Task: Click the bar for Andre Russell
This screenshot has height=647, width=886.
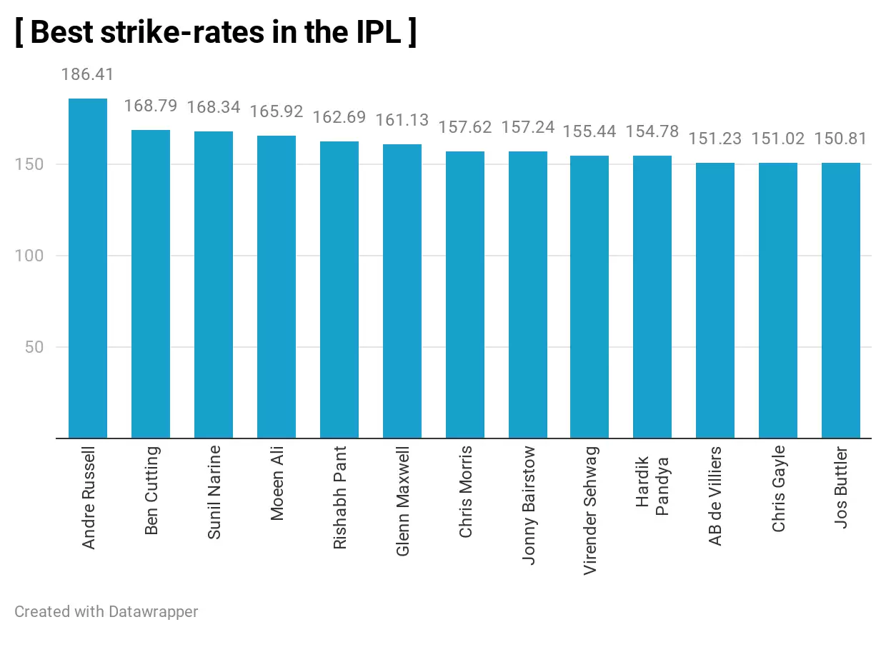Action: (x=88, y=268)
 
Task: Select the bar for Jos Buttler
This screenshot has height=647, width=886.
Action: (x=841, y=300)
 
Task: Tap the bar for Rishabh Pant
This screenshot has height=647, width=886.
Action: (x=339, y=289)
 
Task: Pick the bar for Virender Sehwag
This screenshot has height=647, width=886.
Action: (x=589, y=296)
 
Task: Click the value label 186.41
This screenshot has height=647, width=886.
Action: (x=88, y=74)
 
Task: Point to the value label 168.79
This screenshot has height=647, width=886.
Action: (x=151, y=106)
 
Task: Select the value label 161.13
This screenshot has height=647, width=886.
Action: (x=402, y=120)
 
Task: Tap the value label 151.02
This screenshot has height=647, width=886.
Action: (x=778, y=139)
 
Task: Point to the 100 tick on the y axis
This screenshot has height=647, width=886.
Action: (x=29, y=256)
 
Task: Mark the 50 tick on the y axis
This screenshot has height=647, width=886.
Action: (x=33, y=347)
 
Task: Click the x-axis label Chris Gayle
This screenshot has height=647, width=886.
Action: (x=779, y=488)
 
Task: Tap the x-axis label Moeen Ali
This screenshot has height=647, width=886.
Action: (x=277, y=483)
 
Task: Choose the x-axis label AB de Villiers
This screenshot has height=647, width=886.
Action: (x=715, y=496)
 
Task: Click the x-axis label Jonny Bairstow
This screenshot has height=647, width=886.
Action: (x=528, y=506)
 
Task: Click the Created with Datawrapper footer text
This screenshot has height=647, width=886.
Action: (x=106, y=612)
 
